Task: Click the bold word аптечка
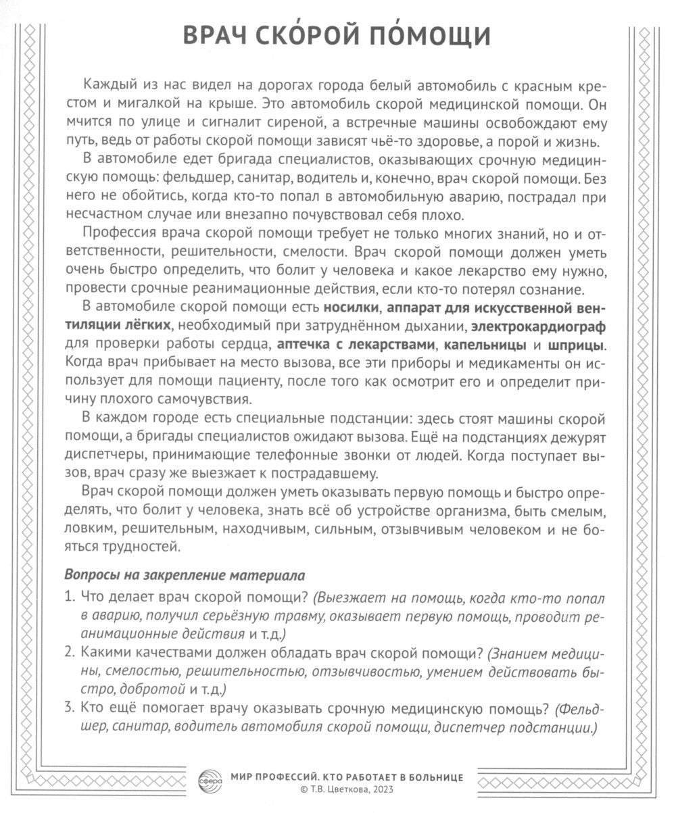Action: coord(301,346)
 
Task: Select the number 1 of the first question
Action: coord(69,597)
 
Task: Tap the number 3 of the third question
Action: coord(69,710)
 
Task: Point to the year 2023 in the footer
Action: coord(380,789)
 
